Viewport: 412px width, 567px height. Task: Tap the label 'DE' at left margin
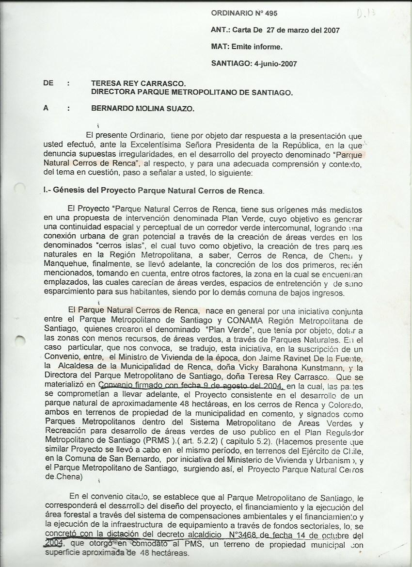pos(48,83)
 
